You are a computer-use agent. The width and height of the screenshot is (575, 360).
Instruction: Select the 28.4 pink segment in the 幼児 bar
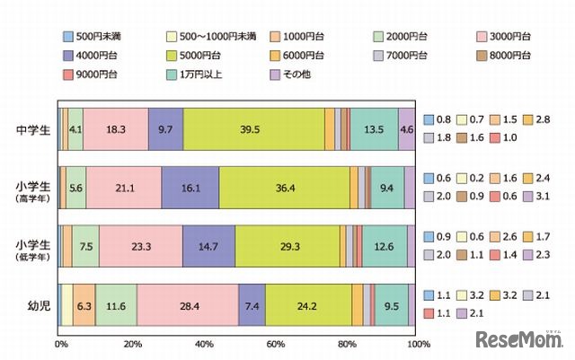click(187, 306)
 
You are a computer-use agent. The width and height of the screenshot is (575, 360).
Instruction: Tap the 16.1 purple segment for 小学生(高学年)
click(190, 188)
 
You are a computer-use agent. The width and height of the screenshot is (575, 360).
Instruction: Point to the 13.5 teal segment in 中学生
click(373, 129)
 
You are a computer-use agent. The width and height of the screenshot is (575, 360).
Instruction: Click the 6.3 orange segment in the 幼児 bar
click(84, 306)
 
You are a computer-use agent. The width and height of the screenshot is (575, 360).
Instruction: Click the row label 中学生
click(31, 128)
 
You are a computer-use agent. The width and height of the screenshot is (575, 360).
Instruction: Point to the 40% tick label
click(204, 344)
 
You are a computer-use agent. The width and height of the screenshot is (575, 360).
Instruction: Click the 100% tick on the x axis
click(417, 344)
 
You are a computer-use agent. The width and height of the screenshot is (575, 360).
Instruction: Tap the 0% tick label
click(61, 344)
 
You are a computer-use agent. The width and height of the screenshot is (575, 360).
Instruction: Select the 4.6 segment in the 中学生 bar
click(406, 129)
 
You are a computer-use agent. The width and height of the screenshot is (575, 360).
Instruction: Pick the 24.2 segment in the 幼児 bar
click(308, 306)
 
